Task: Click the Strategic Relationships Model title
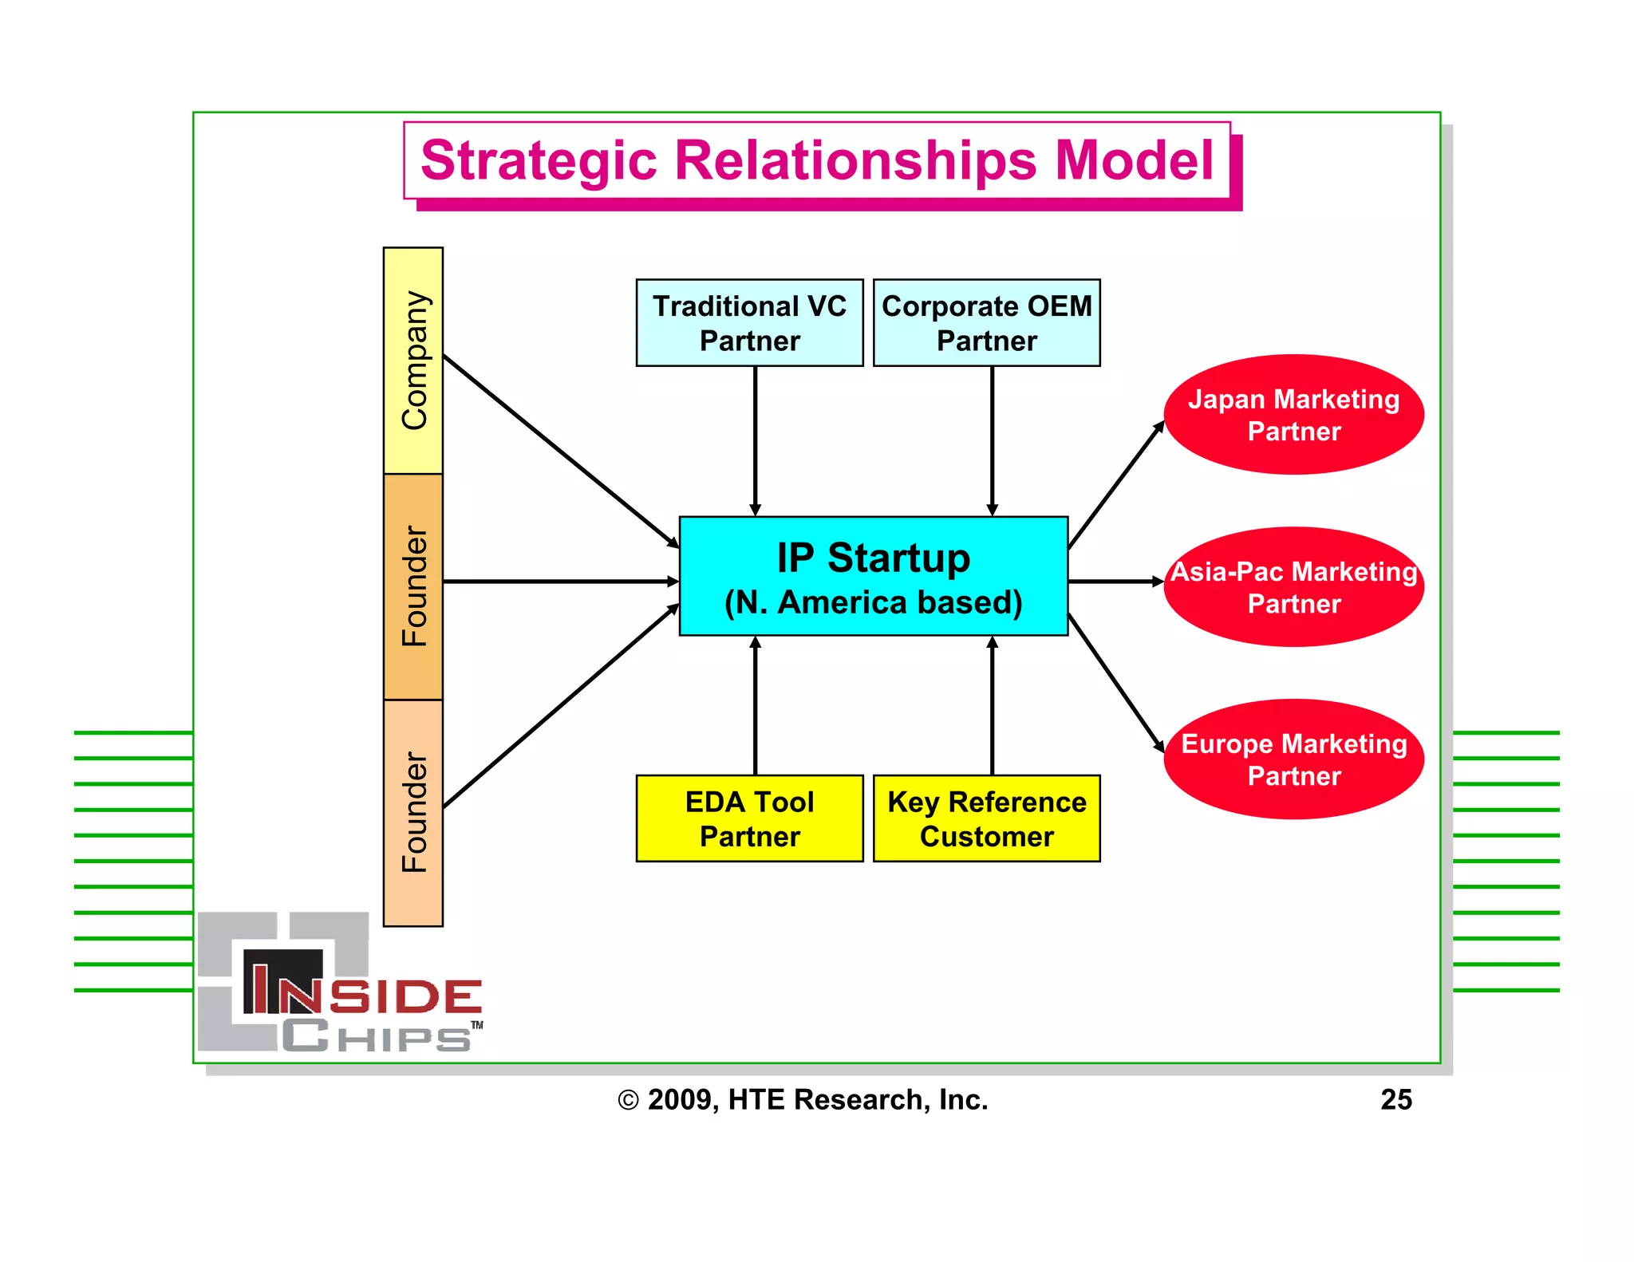coord(816,160)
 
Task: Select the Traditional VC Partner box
coord(749,323)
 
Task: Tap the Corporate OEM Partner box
coord(986,323)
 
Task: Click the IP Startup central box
coord(873,576)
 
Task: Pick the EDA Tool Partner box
coord(749,818)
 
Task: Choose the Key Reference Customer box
coord(986,818)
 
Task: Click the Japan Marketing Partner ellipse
coord(1293,415)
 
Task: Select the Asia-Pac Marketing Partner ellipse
coord(1293,587)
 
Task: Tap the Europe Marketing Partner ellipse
coord(1293,759)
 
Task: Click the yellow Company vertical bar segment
coord(413,361)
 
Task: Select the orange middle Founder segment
coord(413,586)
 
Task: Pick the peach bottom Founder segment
coord(413,813)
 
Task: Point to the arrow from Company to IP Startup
coord(558,450)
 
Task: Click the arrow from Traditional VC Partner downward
coord(755,439)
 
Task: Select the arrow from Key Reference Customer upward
coord(992,706)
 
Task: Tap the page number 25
coord(1395,1099)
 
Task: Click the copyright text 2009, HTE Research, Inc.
coord(803,1099)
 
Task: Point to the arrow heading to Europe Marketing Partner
coord(1115,683)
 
